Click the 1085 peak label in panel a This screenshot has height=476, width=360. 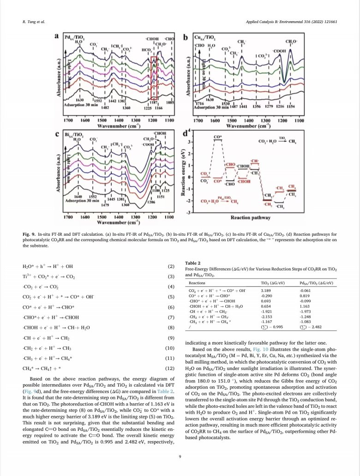click(x=170, y=102)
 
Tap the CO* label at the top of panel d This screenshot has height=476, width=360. click(x=217, y=137)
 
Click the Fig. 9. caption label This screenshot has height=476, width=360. click(x=29, y=234)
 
